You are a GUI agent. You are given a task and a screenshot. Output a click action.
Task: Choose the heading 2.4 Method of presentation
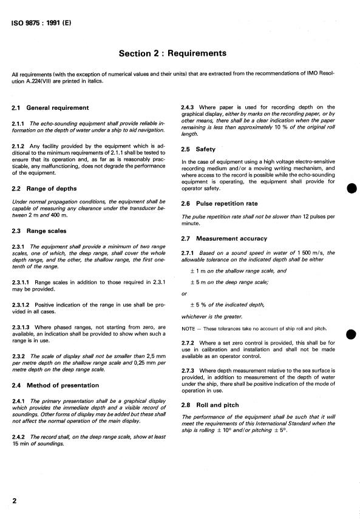[55, 385]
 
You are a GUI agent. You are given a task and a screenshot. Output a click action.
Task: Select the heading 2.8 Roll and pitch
[210, 405]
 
